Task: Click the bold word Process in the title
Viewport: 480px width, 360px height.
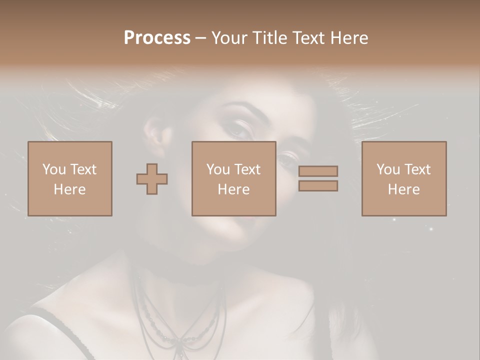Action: coord(157,37)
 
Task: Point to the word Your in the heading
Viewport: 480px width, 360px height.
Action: coord(229,37)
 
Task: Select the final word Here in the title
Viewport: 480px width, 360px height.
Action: coord(348,37)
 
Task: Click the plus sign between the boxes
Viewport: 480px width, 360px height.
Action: coord(152,179)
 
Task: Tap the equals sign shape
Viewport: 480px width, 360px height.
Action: coord(318,178)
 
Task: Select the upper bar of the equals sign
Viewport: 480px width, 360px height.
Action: coord(318,171)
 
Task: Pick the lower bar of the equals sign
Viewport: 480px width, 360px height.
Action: coord(318,185)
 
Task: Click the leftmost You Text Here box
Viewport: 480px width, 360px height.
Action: coord(69,178)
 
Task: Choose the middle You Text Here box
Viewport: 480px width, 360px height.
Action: coord(233,178)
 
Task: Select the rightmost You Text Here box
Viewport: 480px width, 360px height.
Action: coord(403,178)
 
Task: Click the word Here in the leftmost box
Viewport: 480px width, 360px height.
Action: coord(69,189)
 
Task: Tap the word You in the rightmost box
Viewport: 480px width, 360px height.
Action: coord(388,169)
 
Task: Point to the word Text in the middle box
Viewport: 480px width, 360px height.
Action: coord(247,169)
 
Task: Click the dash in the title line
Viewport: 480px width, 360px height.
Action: coord(200,38)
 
